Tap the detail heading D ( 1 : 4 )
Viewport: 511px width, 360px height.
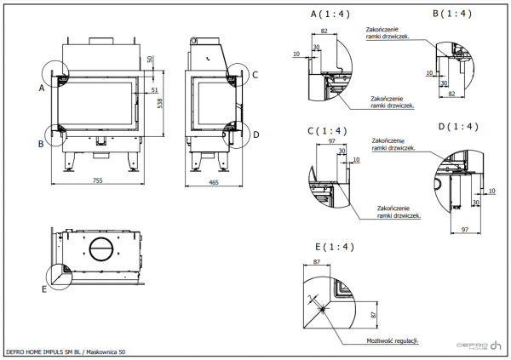457,126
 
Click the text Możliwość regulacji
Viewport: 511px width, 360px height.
392,340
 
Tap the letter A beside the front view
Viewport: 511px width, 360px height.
42,88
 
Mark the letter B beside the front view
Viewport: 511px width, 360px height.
42,145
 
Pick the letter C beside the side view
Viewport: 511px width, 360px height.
255,75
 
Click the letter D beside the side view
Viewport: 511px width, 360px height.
255,134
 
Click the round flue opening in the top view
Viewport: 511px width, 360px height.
101,249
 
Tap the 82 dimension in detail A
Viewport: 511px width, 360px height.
325,31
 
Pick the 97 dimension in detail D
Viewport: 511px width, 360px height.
465,229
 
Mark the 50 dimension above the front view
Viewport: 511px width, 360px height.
150,59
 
